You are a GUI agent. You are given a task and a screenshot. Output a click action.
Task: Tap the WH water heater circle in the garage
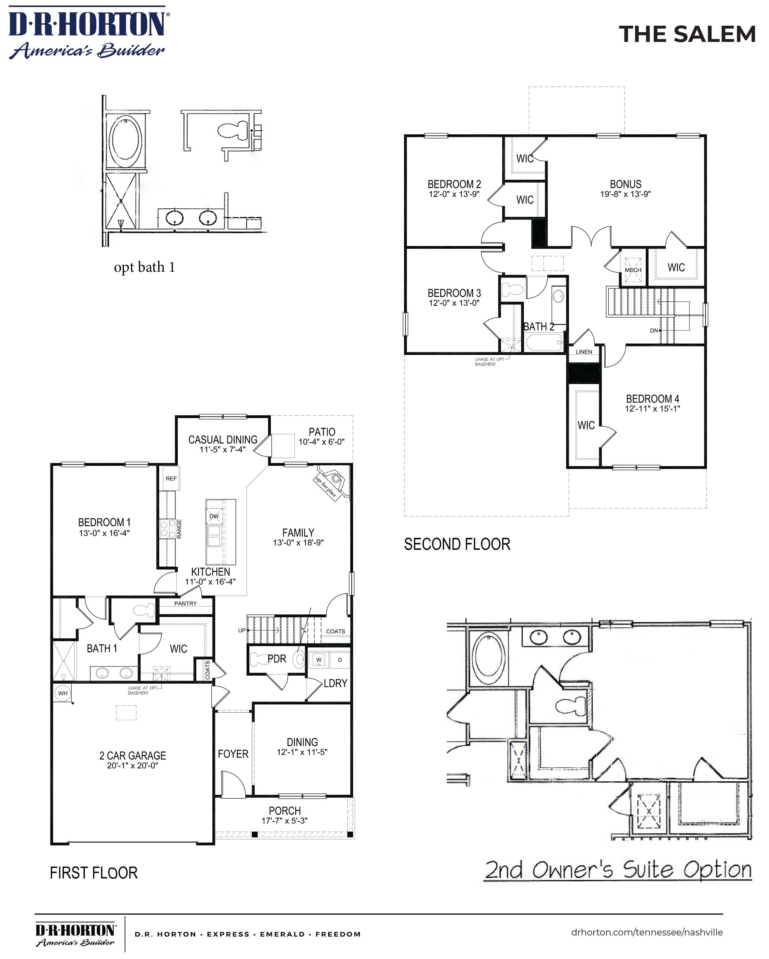tap(63, 693)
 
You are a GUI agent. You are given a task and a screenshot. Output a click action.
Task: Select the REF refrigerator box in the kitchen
tap(171, 478)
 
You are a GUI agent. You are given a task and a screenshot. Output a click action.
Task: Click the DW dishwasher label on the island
tap(214, 516)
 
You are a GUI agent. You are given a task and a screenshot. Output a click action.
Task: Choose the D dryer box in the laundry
tap(340, 660)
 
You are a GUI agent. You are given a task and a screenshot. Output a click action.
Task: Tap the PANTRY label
tap(185, 603)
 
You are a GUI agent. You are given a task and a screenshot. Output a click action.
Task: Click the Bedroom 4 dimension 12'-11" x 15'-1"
tap(652, 408)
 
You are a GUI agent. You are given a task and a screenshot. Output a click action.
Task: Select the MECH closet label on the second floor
tap(633, 270)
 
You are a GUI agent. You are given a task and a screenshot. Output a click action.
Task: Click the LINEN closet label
tap(584, 351)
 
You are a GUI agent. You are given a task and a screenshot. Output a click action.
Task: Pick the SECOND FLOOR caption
tap(457, 544)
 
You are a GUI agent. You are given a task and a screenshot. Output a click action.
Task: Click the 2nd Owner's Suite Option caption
tap(617, 870)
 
